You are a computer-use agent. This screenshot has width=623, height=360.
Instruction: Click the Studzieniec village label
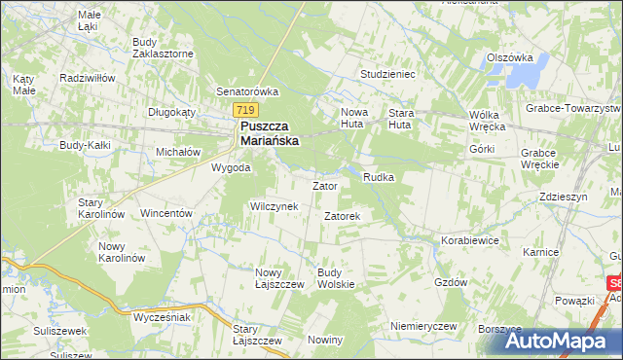coord(387,73)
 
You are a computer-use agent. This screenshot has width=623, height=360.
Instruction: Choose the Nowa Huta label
coord(355,118)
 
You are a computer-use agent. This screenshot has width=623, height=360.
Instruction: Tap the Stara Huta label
coord(401,118)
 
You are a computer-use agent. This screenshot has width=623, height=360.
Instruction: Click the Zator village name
coord(323,185)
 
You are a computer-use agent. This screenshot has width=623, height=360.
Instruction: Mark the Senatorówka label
coord(247,91)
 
